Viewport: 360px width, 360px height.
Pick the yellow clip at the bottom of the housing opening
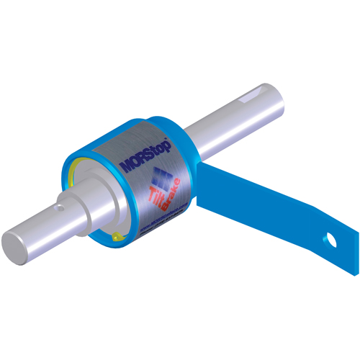click(117, 234)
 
